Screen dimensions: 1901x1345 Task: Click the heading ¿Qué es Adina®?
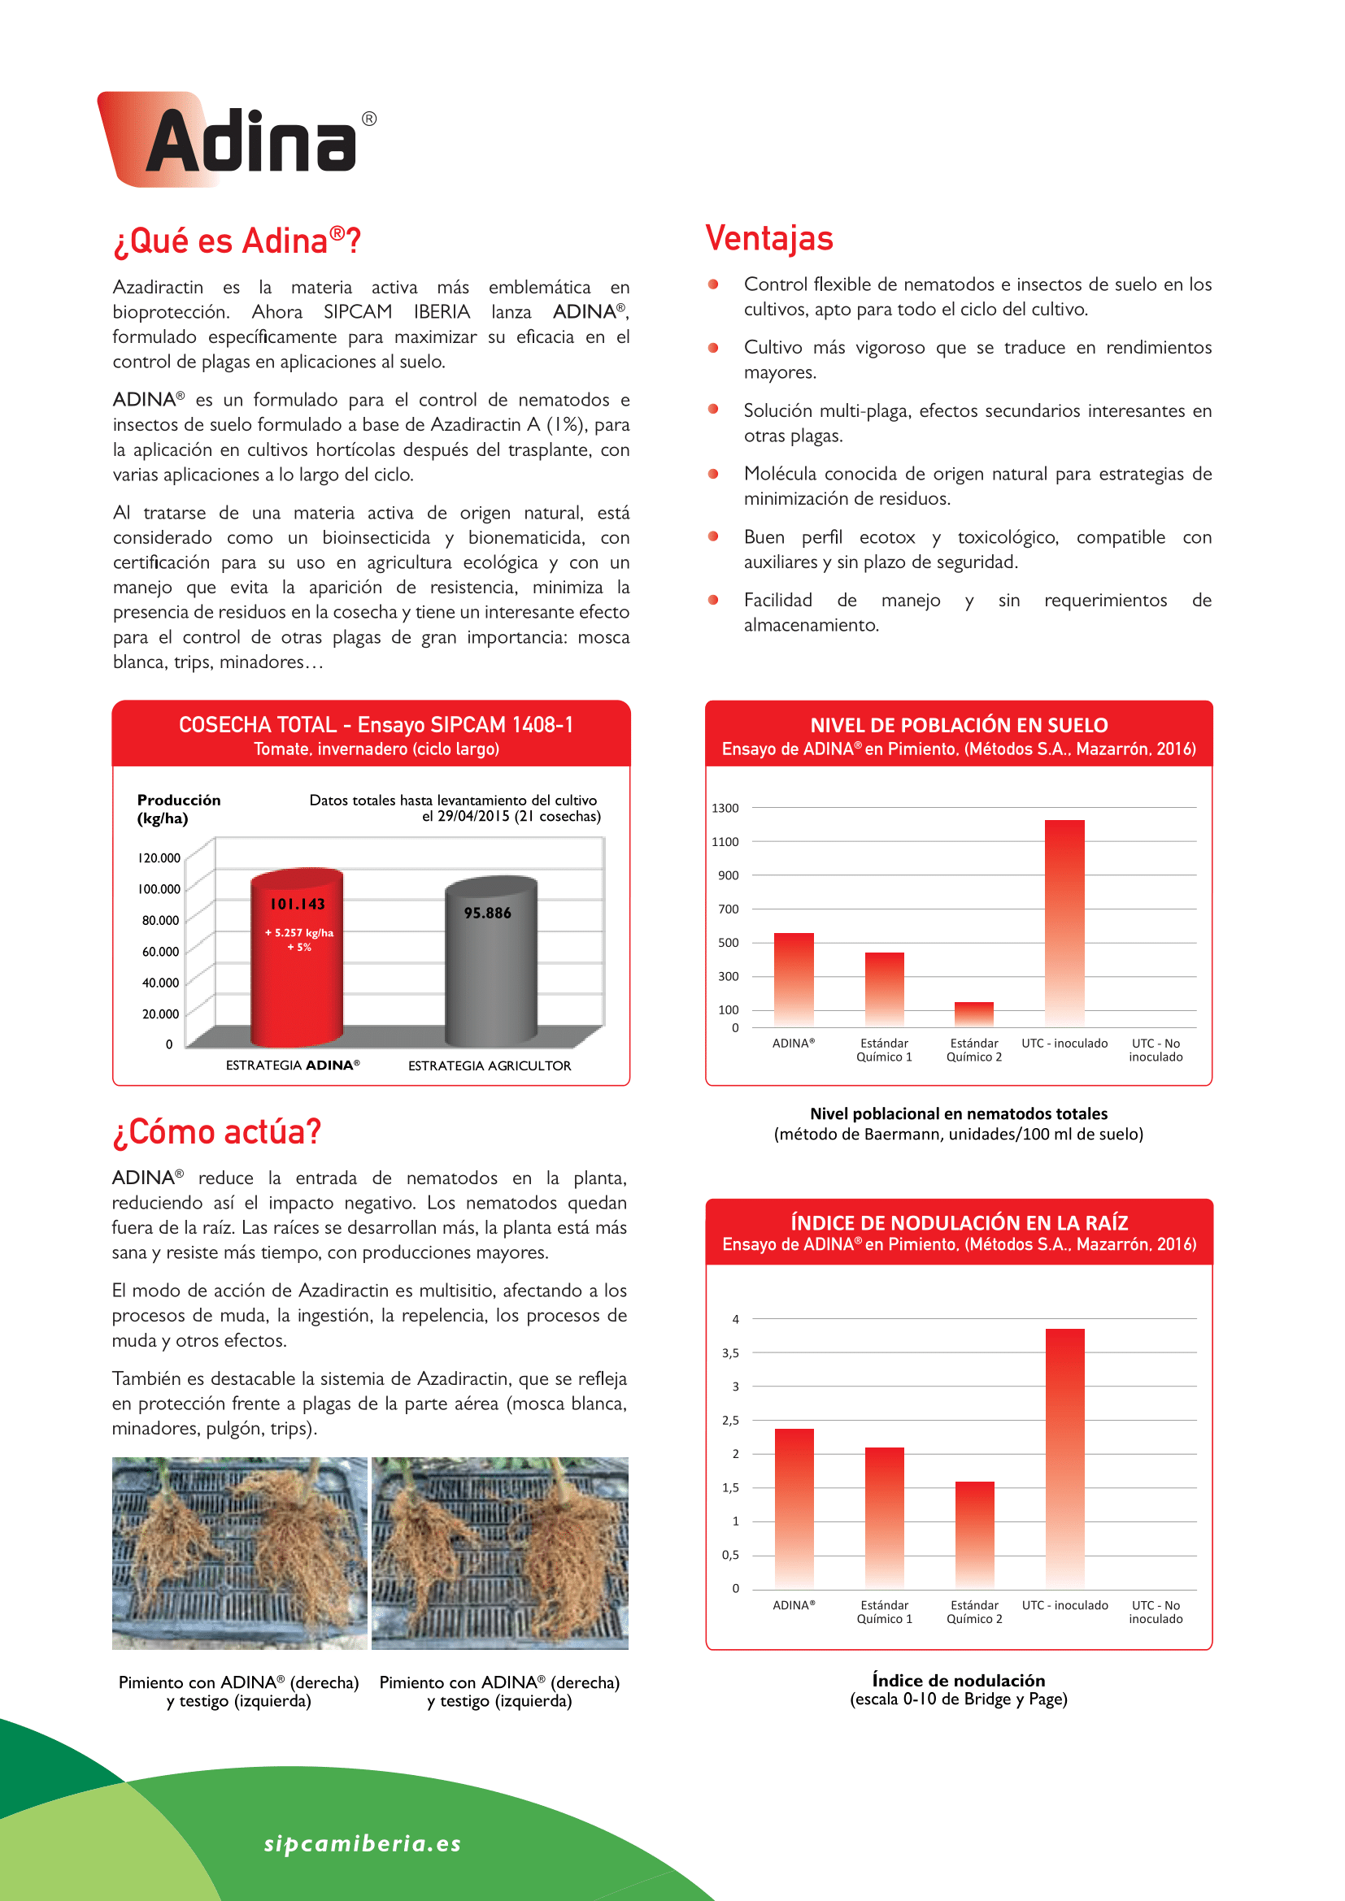click(x=237, y=241)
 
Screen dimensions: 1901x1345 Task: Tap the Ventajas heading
click(x=768, y=238)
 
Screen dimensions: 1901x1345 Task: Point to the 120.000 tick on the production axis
click(x=159, y=857)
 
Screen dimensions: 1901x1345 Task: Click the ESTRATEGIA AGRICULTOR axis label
click(x=490, y=1066)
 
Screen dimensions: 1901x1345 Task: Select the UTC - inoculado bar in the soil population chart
click(x=1064, y=923)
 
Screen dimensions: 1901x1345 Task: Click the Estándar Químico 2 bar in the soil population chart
click(x=974, y=1014)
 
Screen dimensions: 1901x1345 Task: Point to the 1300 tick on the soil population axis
click(x=725, y=808)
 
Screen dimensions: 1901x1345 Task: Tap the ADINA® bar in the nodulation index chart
click(x=794, y=1508)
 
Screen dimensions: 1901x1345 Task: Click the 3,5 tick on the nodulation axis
click(x=729, y=1353)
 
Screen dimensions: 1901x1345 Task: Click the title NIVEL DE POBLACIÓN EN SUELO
click(x=958, y=725)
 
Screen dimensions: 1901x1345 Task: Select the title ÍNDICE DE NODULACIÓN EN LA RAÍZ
click(x=959, y=1223)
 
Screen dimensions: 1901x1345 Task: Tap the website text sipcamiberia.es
click(x=363, y=1843)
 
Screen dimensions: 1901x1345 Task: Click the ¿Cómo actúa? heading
click(x=217, y=1132)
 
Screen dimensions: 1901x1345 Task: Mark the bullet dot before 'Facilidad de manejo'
click(x=713, y=601)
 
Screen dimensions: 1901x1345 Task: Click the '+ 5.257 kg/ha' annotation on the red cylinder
click(x=299, y=932)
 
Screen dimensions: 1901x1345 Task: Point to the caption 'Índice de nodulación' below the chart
click(x=958, y=1680)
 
